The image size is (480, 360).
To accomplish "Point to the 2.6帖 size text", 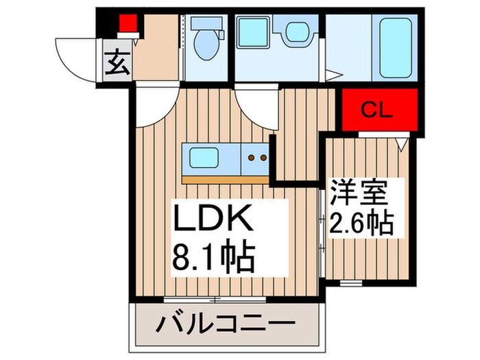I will click(361, 222).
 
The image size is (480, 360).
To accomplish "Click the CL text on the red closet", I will click(377, 110).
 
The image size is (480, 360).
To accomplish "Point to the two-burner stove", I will click(256, 158).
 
